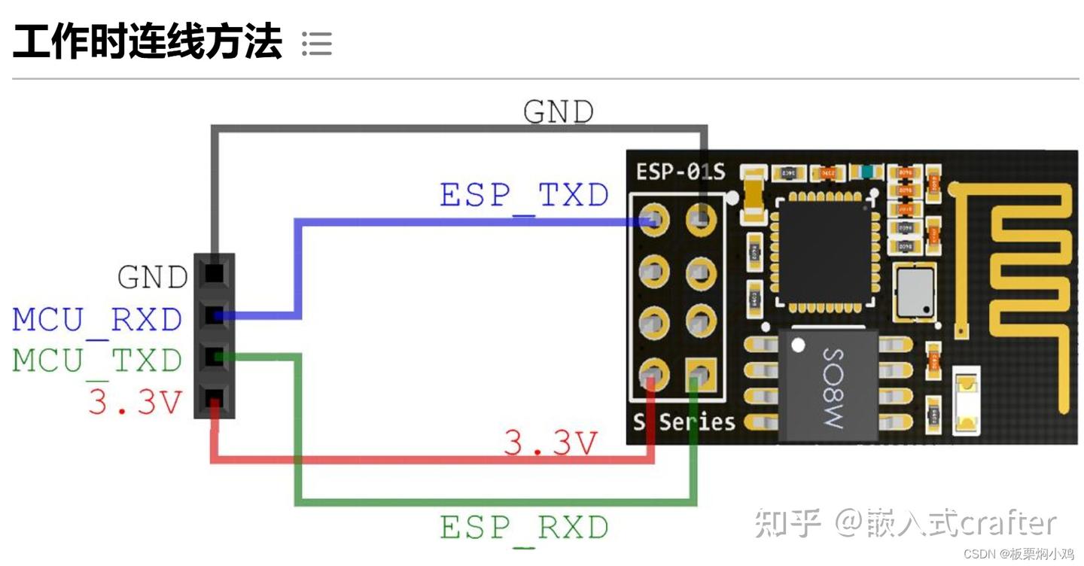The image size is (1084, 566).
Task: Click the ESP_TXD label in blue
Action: pos(524,196)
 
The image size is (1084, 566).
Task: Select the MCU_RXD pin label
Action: pos(97,320)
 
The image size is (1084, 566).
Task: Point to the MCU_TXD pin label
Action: pos(97,361)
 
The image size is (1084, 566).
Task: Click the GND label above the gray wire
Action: pos(558,113)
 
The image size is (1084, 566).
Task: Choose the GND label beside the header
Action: pos(152,278)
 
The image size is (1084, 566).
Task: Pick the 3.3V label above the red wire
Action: pos(550,443)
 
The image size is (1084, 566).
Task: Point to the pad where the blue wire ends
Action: pos(654,221)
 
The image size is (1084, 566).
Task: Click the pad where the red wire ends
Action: pos(654,373)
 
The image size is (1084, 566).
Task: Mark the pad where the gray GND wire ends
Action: pos(701,221)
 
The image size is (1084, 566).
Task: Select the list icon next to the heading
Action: pos(316,44)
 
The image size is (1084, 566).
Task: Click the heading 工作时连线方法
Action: pos(148,42)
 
